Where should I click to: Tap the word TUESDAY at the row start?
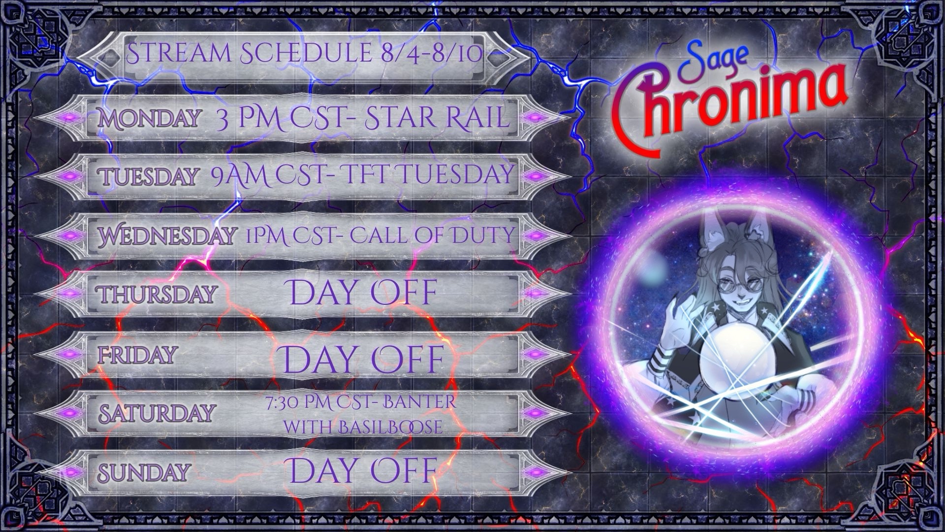point(149,176)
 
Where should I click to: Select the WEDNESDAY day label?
point(166,236)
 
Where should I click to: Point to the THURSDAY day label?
point(157,294)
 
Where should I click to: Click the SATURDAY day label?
point(157,412)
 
